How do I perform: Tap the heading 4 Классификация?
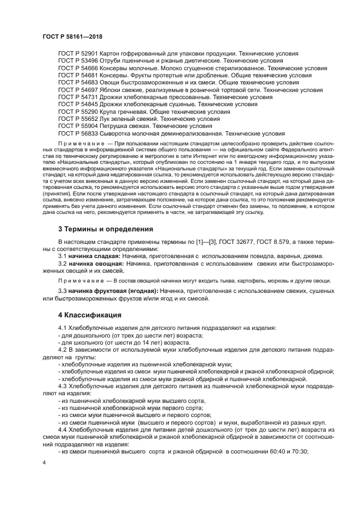(90, 315)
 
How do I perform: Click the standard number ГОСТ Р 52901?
(77, 54)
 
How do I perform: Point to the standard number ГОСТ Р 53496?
(77, 61)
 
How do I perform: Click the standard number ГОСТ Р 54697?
(77, 89)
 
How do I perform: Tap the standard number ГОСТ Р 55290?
(77, 111)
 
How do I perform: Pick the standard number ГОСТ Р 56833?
(77, 132)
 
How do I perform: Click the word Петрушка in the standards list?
(115, 125)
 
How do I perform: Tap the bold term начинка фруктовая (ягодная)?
(113, 291)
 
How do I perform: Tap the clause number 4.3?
(63, 385)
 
